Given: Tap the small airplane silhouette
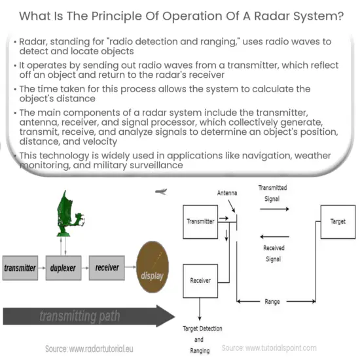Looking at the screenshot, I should point(160,192).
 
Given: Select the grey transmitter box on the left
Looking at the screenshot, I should point(20,268).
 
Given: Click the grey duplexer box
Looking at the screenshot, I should point(63,268).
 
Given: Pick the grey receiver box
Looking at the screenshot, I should point(107,268).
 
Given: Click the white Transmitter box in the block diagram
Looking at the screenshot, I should point(200,221).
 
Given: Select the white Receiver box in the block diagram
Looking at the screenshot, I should point(200,280).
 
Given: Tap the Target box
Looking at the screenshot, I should point(337,222).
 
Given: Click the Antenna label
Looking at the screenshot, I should point(226,193).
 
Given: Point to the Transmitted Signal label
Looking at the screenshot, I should point(272,192).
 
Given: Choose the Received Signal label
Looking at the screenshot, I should point(274,253).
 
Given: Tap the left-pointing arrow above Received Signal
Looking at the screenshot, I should point(274,237).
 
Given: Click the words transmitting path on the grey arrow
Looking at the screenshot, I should point(79,317).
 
